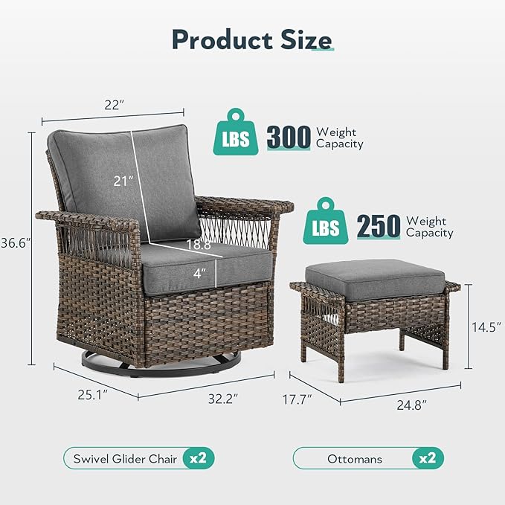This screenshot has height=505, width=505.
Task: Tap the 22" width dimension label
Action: [x=113, y=105]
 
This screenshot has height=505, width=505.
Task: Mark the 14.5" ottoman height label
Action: [x=488, y=327]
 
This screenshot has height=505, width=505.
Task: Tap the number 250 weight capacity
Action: [x=379, y=226]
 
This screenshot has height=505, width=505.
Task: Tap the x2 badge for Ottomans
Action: [x=426, y=458]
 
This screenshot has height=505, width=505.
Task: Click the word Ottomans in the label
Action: [x=354, y=459]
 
